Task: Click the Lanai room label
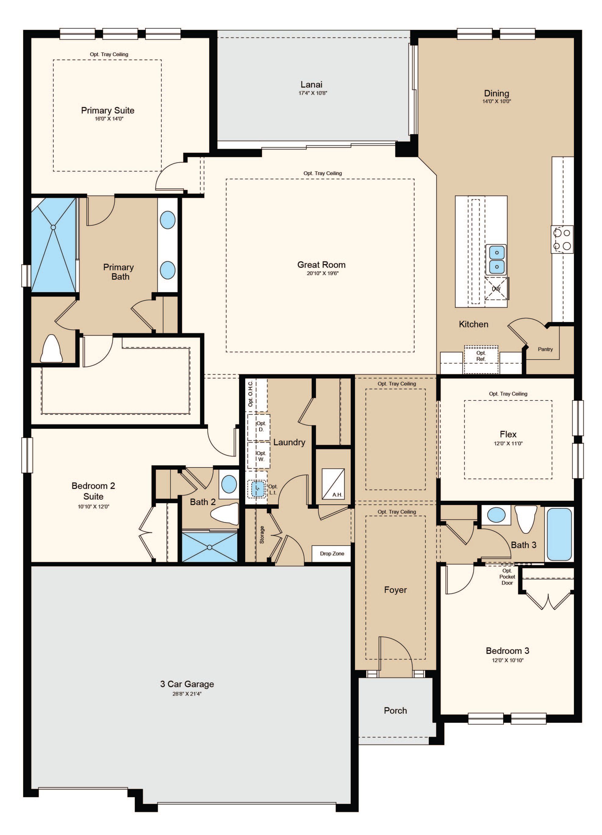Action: tap(311, 84)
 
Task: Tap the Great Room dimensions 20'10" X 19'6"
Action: tap(323, 273)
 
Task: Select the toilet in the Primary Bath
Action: tap(51, 348)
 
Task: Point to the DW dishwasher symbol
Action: tap(496, 288)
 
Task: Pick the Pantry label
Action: tap(545, 349)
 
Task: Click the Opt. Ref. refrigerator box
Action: tap(481, 359)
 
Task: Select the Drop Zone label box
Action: tap(332, 553)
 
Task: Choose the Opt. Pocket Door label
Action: tap(507, 577)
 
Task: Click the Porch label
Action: tap(396, 711)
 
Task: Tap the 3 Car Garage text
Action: tap(187, 684)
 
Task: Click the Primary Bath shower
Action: tap(54, 245)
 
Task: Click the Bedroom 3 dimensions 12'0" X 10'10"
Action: tap(508, 660)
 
